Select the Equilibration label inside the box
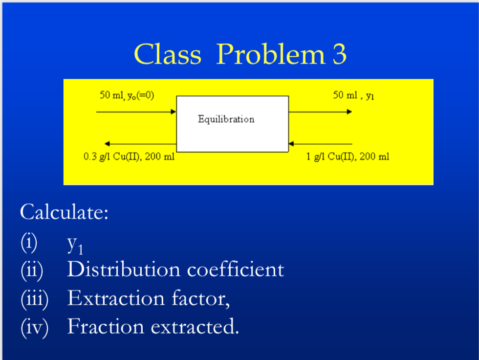[x=226, y=119]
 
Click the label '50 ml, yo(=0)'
[x=127, y=95]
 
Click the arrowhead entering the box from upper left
[x=173, y=112]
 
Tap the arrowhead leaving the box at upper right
[x=349, y=112]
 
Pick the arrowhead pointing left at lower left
[x=107, y=144]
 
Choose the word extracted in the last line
[x=195, y=326]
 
